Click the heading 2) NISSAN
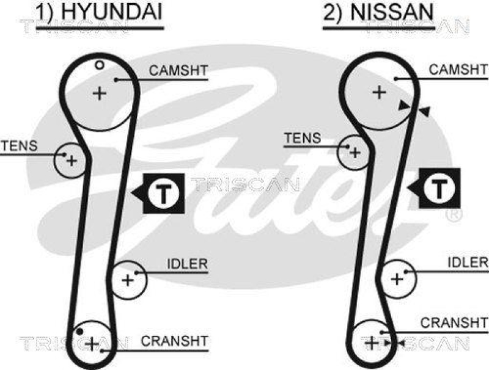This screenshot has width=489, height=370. coord(378,12)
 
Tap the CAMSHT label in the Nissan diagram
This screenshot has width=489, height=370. coord(458,70)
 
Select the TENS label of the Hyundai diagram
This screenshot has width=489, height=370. coord(19,146)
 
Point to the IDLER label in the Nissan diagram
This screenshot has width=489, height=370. coord(468,262)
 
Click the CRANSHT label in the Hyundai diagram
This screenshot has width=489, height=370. coord(175,340)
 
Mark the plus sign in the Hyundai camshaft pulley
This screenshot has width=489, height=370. coord(98,93)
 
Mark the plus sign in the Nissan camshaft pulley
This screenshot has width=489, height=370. coord(380,92)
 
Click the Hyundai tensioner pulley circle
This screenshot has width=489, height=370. coord(69,159)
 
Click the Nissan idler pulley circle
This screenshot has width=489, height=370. coord(397,280)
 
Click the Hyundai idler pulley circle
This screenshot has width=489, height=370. coord(129,280)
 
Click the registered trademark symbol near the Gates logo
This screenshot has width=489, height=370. coord(454,215)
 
